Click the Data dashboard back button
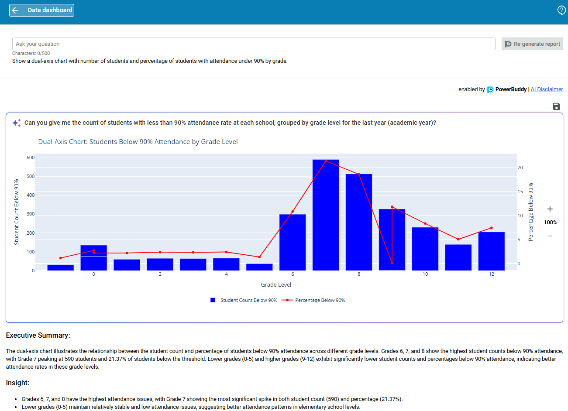[41, 10]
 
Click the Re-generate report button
[532, 44]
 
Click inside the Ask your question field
[253, 44]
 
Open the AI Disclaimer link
[547, 89]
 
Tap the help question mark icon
[561, 10]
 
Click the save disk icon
[556, 106]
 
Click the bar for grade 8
[359, 223]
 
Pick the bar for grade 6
[293, 242]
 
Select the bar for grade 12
[492, 251]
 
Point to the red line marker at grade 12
[492, 228]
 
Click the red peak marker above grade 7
[326, 161]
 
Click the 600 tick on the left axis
[31, 158]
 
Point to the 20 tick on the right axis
[520, 168]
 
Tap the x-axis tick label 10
[425, 274]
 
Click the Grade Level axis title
[276, 285]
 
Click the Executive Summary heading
[38, 336]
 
